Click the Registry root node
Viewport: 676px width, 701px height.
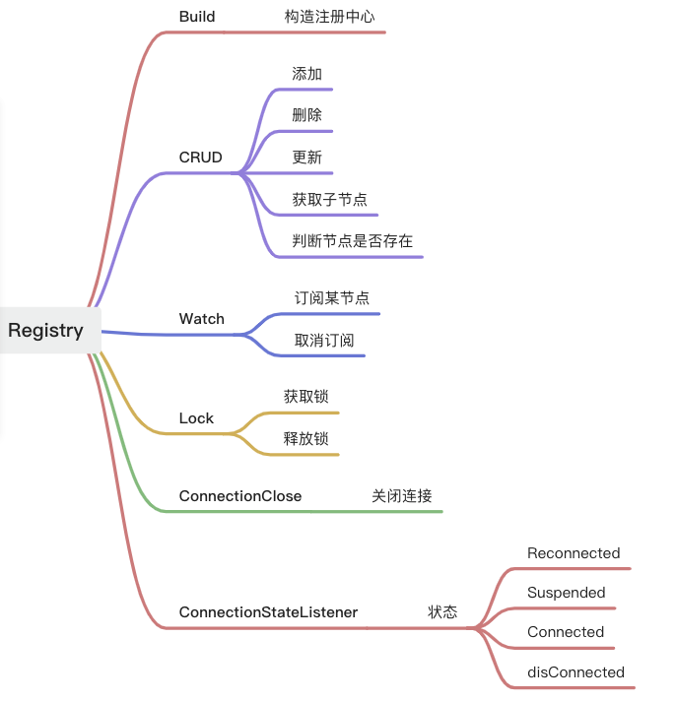click(45, 330)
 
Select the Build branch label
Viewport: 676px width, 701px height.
click(197, 17)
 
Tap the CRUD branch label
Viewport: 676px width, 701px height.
click(200, 158)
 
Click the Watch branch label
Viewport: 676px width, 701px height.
click(201, 319)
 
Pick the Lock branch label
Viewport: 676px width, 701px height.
click(196, 418)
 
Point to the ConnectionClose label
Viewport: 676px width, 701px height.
click(239, 496)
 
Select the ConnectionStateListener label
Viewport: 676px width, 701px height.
click(268, 612)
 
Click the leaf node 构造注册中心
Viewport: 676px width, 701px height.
click(329, 17)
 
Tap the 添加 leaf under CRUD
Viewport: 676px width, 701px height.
click(306, 74)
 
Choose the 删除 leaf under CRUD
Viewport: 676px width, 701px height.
click(306, 115)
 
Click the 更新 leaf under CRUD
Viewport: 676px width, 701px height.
click(306, 158)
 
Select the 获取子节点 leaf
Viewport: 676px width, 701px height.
click(328, 199)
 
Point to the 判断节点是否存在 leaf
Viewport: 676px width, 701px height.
click(352, 241)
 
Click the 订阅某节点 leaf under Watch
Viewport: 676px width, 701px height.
click(331, 297)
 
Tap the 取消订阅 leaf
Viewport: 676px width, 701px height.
click(323, 340)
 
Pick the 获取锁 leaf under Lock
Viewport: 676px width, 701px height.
click(305, 396)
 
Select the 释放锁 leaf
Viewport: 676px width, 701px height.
click(305, 438)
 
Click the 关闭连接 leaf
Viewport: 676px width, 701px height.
click(401, 496)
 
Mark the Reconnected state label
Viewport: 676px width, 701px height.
click(574, 553)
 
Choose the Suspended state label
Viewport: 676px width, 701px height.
click(566, 593)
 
